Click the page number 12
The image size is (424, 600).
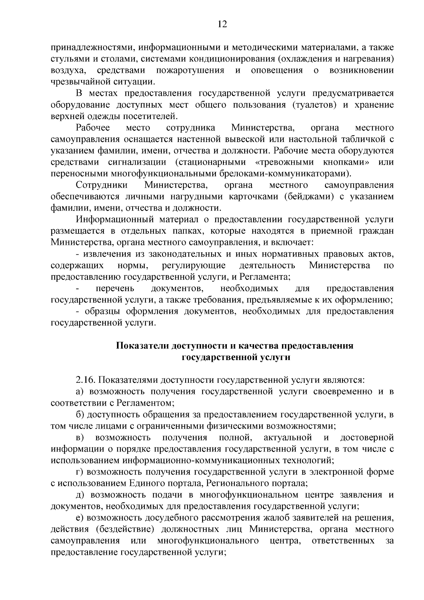[222, 24]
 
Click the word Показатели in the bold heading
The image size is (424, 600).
[142, 346]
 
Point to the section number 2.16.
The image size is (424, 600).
[86, 380]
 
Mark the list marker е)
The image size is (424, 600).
[79, 518]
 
